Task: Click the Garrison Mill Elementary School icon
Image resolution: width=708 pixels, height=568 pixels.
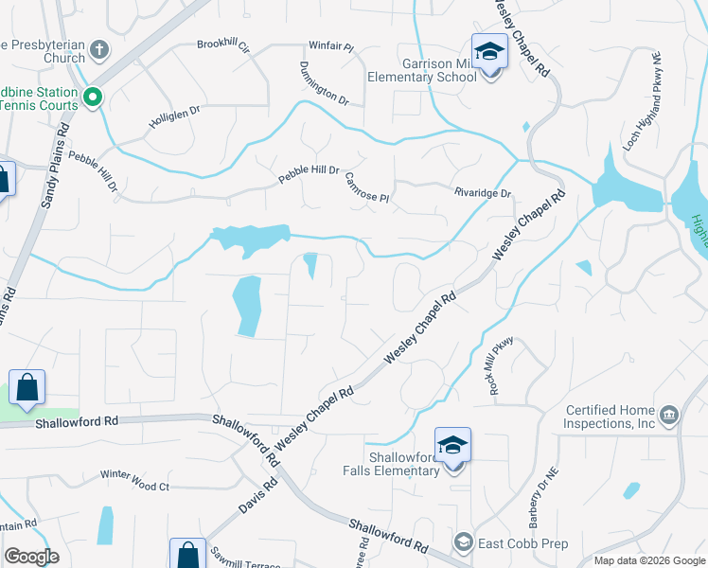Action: coord(488,51)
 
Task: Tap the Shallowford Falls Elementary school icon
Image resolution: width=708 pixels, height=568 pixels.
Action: coord(453,446)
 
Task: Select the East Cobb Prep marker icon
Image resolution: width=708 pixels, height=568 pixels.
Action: coord(463,541)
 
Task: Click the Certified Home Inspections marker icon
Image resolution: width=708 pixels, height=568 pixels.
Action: coord(668,414)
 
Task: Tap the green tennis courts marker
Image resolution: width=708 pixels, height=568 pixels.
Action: coord(93,97)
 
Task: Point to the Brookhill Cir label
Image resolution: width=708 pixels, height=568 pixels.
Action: coord(222,44)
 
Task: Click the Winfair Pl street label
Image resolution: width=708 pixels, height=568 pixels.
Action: coord(330,45)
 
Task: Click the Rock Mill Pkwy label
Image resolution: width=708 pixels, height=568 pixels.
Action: coord(501,365)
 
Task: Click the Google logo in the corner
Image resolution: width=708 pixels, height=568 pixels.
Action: coord(31,556)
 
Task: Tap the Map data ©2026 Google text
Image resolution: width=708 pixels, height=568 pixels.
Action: coord(649,560)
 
